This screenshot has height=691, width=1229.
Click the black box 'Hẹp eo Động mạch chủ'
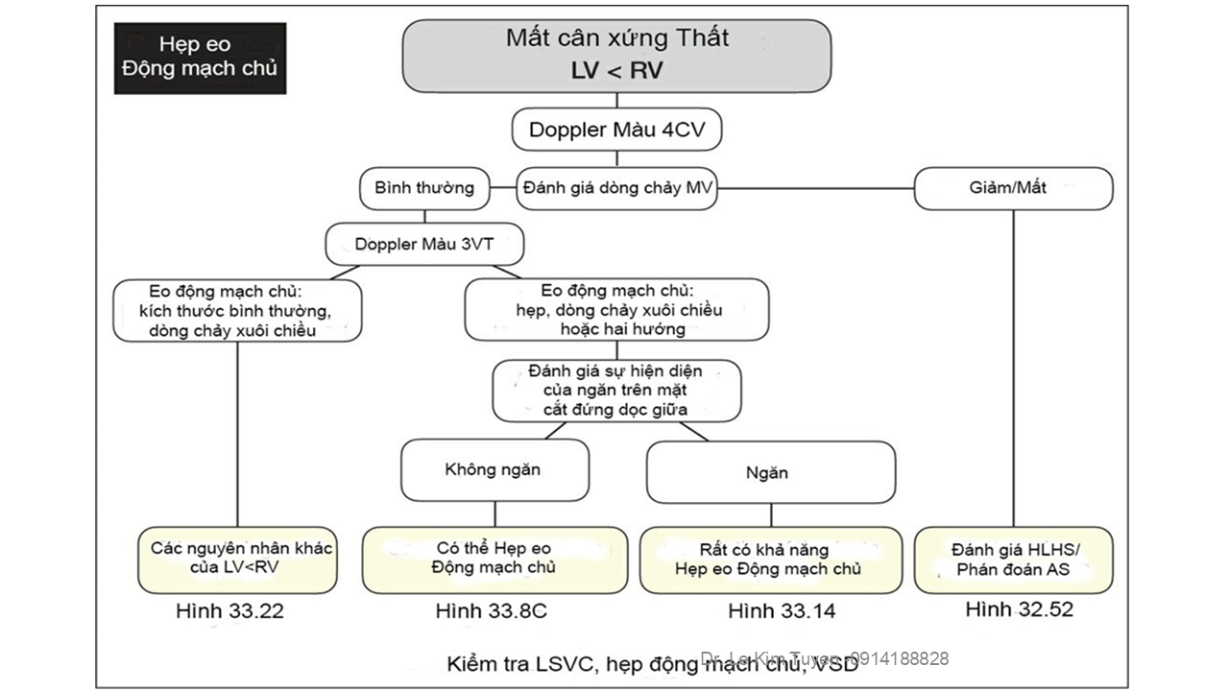(x=200, y=58)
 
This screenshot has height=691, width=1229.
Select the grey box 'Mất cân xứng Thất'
(x=616, y=55)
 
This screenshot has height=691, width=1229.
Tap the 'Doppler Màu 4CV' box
(x=616, y=131)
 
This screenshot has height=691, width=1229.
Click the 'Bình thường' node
(x=424, y=188)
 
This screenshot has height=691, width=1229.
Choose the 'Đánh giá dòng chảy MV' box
(x=617, y=188)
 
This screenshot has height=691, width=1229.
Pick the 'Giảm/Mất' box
(x=1013, y=188)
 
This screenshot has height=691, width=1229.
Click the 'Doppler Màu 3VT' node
(x=424, y=244)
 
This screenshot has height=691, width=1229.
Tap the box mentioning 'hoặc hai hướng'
(x=615, y=309)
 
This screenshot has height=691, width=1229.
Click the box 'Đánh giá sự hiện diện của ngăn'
(x=616, y=391)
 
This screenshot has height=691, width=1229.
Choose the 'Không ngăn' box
(x=494, y=469)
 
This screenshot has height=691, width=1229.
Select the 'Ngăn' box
(x=770, y=472)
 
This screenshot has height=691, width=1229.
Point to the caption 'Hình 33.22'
(x=230, y=611)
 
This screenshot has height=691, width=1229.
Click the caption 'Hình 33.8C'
(x=491, y=611)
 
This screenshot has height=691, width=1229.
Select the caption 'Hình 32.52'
(x=1019, y=609)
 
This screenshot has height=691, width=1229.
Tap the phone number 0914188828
(x=899, y=658)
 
